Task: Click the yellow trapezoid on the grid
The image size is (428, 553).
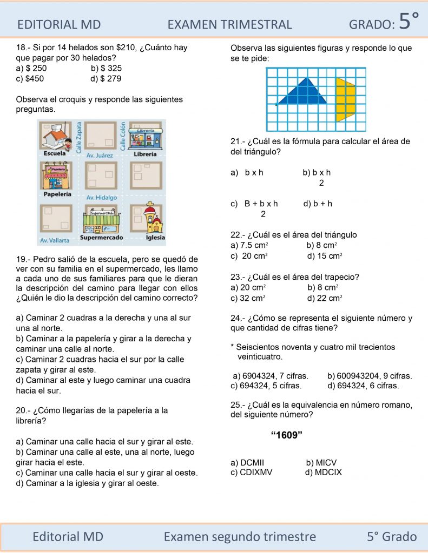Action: (x=345, y=100)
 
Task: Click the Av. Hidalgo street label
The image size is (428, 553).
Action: (x=102, y=198)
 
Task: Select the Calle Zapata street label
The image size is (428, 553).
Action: (x=80, y=135)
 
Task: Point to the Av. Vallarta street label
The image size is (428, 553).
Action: (x=55, y=240)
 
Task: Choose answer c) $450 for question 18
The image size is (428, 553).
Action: (x=30, y=78)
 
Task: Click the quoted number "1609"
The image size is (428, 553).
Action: (x=285, y=436)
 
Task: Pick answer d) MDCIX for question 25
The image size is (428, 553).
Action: (x=323, y=473)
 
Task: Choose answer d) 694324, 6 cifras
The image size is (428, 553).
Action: (x=363, y=386)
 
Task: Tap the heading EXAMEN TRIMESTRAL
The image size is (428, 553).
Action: (x=229, y=24)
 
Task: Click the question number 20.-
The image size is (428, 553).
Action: (x=25, y=411)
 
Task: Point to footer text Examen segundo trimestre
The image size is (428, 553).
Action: (x=240, y=536)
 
